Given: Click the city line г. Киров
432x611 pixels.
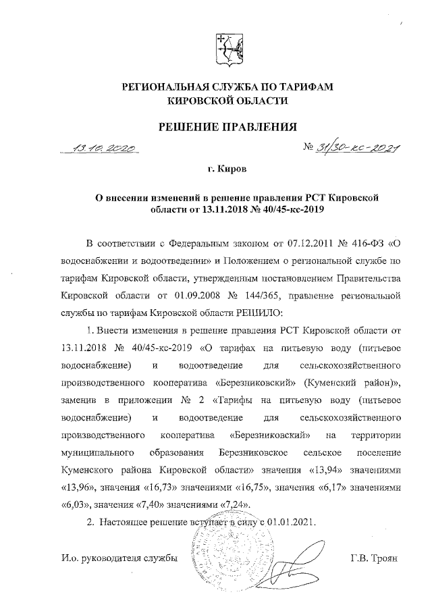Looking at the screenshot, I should click(x=228, y=166).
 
